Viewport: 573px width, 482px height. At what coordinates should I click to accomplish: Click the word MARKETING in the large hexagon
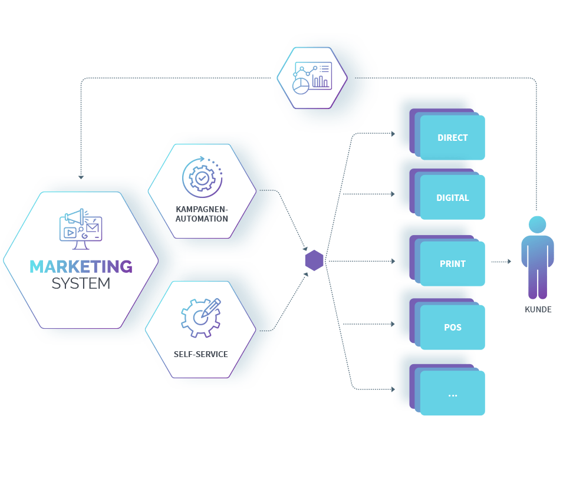81,267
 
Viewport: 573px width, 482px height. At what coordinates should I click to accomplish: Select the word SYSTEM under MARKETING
81,283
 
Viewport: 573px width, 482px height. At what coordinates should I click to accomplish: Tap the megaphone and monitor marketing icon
81,225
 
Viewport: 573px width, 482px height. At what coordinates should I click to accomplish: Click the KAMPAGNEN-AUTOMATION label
202,214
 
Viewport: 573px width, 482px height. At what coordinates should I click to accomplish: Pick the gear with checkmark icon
202,177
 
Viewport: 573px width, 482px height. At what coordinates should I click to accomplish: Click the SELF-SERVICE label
200,354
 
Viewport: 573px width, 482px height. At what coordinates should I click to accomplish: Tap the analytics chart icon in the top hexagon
312,78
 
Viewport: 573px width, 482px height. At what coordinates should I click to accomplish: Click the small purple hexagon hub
314,260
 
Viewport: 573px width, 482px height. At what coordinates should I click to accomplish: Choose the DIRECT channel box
452,138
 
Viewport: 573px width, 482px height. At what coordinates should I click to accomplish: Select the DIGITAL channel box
452,198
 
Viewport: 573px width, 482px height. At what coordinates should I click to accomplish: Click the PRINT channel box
452,264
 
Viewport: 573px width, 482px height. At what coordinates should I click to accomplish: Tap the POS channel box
452,328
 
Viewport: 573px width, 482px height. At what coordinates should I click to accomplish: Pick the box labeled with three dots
452,394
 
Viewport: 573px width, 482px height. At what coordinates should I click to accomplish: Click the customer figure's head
537,225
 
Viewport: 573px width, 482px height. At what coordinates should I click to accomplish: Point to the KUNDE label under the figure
538,309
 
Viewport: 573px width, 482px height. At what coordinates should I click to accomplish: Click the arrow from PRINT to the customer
501,262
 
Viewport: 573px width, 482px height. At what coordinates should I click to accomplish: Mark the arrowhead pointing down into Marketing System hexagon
81,176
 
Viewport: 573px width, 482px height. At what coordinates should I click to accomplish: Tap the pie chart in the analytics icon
301,86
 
